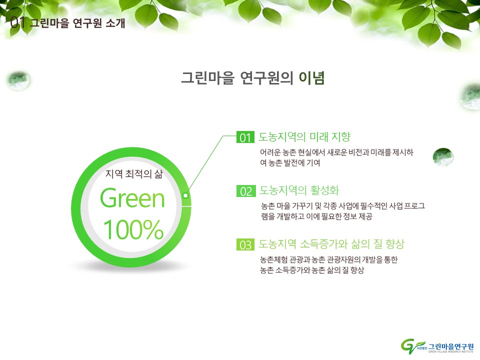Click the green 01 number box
coord(245,137)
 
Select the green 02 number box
coord(246,191)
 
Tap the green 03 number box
coord(245,244)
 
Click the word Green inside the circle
coord(132,198)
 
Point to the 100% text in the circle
coord(133,229)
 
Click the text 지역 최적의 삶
coord(134,174)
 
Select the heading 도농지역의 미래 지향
coord(304,136)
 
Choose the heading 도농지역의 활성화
coord(299,190)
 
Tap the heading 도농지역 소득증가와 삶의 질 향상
coord(331,244)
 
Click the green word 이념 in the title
coord(311,78)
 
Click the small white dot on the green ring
coord(185,195)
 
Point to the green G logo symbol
coord(411,346)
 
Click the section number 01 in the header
coord(17,22)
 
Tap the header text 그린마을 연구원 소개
coord(77,23)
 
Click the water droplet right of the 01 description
coord(443,156)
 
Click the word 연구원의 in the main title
coord(266,78)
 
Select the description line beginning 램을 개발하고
coord(316,216)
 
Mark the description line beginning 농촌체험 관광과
coord(329,259)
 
